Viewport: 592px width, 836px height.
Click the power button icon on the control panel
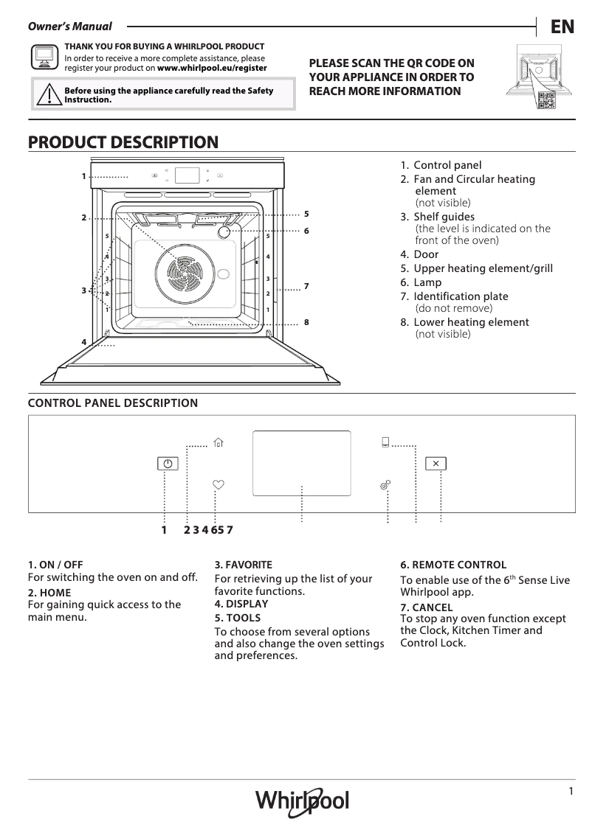[168, 464]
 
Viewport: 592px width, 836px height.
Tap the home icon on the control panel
[218, 442]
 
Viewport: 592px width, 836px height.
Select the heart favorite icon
[218, 484]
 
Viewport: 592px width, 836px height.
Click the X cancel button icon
[436, 464]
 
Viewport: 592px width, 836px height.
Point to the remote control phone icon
[385, 442]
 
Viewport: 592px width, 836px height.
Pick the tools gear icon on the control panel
[385, 485]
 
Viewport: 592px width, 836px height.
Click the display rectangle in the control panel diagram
[301, 463]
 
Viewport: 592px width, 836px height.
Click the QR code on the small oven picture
[546, 102]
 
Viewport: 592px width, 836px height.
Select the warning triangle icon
[48, 95]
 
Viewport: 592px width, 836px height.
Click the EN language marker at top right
[562, 27]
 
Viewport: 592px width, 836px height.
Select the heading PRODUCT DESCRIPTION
[123, 142]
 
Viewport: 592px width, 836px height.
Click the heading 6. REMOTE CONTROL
[453, 565]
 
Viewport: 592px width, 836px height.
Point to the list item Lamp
[427, 282]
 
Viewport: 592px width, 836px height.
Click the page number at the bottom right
[571, 791]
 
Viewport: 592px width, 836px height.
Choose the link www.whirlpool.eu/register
[213, 67]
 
